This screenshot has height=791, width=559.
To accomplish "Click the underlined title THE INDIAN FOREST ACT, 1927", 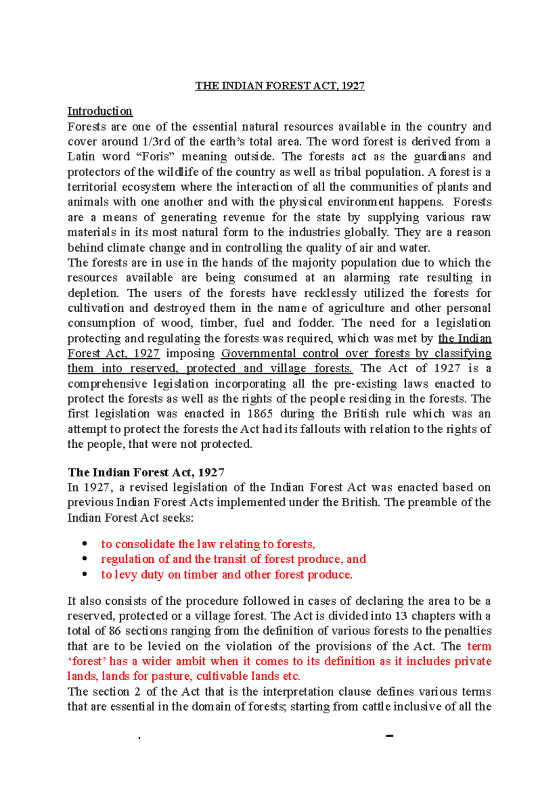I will (x=279, y=86).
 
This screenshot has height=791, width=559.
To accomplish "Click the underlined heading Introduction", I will (x=100, y=111).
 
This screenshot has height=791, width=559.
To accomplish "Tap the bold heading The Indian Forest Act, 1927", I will (x=146, y=472).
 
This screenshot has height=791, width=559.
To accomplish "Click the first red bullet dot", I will (x=85, y=544).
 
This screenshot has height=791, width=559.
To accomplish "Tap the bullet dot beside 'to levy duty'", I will (x=85, y=574).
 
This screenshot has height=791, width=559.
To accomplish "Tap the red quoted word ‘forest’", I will (x=87, y=661).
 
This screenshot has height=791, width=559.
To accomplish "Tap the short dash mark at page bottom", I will (x=390, y=736).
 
